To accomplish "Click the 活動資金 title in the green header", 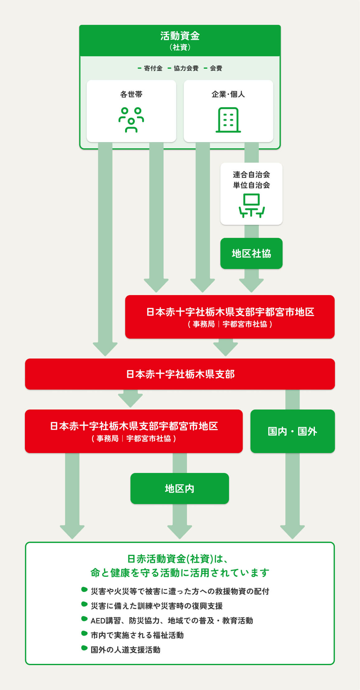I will click(x=180, y=36).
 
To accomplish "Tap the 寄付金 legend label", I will click(x=153, y=68).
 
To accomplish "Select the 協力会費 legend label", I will click(x=186, y=68).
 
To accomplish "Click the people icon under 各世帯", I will click(x=131, y=120).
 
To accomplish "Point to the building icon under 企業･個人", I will click(x=228, y=120).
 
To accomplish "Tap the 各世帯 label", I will click(x=131, y=94).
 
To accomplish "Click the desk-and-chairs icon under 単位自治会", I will click(x=251, y=205).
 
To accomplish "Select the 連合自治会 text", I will click(x=251, y=174).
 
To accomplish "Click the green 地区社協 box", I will click(x=251, y=253).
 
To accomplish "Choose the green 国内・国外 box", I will click(x=292, y=431).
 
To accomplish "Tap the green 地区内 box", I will click(x=180, y=489).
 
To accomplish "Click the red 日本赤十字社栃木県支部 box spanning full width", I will click(x=180, y=374).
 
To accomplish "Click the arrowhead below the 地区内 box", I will click(x=180, y=531).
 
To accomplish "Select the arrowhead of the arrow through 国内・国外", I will click(x=292, y=531).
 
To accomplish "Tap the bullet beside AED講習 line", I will click(x=84, y=619).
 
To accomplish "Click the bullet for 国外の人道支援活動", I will click(x=84, y=648).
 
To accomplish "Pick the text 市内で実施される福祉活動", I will click(x=137, y=635).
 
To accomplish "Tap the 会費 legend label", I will click(x=216, y=68).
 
